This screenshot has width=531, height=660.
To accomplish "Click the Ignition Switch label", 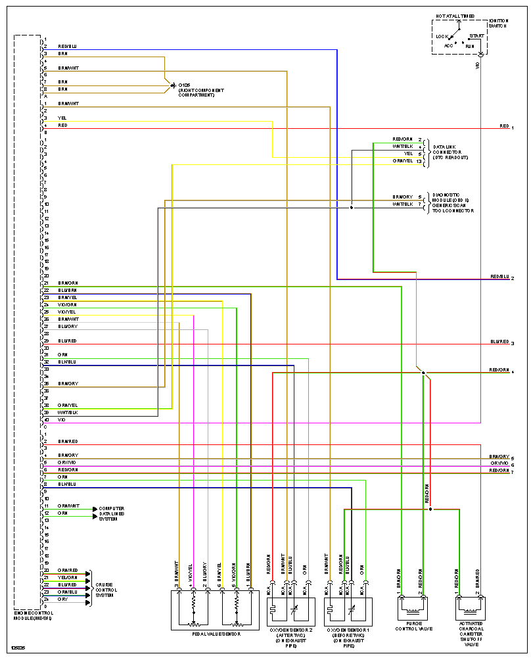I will [498, 23].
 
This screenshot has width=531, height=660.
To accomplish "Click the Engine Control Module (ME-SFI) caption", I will [34, 615].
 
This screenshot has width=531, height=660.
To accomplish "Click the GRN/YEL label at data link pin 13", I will [403, 161].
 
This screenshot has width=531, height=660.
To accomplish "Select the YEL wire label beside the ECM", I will [62, 118].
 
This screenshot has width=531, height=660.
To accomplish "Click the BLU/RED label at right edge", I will [499, 342].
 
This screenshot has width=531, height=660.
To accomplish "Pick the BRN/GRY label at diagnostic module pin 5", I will [403, 197].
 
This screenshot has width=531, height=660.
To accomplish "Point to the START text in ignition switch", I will [476, 35].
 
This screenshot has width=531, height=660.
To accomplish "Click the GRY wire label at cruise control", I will [62, 599].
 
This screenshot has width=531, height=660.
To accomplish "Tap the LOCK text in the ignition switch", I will [442, 36].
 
